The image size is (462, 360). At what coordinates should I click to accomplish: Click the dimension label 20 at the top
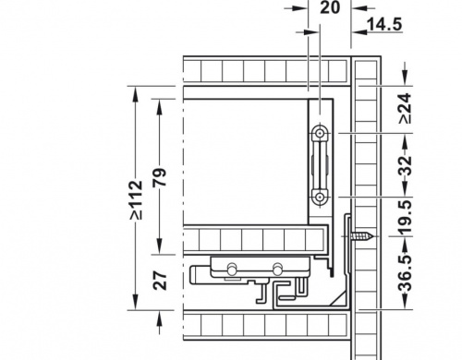coord(330,7)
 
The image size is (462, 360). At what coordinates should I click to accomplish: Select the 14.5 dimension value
coord(385,24)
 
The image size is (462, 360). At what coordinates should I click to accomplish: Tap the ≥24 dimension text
coord(406,109)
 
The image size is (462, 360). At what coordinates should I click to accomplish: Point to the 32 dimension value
coord(406,165)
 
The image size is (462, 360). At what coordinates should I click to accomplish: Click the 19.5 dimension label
coord(406,216)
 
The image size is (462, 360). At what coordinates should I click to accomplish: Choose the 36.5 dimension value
coord(406,273)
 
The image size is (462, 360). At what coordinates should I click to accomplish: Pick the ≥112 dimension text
coord(136,200)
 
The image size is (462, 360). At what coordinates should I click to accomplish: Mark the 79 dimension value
coord(160,177)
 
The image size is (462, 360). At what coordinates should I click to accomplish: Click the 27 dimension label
coord(160,280)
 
